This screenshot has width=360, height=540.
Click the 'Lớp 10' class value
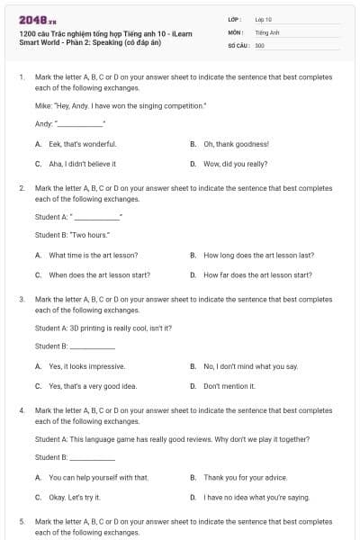click(x=263, y=18)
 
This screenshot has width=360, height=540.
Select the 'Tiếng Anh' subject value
click(x=265, y=31)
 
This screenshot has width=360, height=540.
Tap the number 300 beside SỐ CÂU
click(x=259, y=45)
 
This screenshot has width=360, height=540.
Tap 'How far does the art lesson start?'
click(x=257, y=274)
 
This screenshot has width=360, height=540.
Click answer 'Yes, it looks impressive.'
click(x=86, y=366)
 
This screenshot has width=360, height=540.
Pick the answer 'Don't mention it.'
click(x=229, y=386)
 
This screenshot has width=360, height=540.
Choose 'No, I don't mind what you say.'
click(x=250, y=366)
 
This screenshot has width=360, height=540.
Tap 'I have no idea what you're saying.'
click(x=256, y=497)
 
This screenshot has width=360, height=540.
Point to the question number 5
click(x=22, y=521)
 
